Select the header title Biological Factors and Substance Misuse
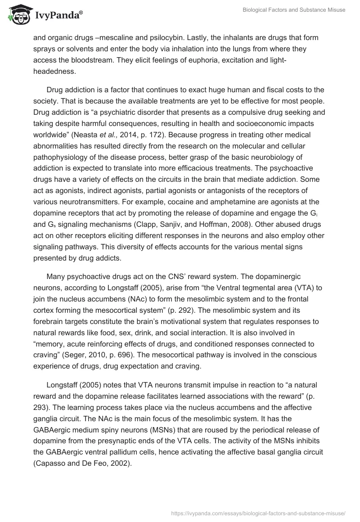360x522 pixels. (x=293, y=10)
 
